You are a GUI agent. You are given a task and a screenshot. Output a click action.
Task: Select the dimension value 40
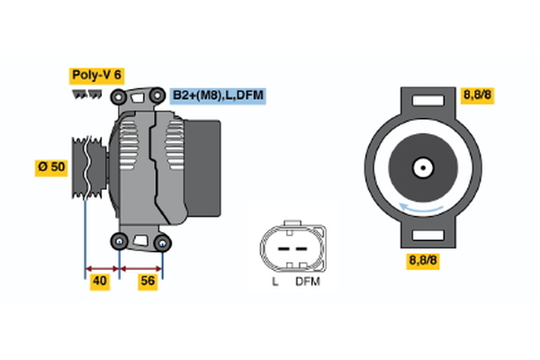(101, 281)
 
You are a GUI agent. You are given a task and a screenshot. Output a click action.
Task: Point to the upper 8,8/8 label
(477, 94)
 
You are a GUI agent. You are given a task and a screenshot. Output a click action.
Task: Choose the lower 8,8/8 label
(423, 262)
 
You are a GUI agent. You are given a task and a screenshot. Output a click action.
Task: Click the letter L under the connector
(275, 282)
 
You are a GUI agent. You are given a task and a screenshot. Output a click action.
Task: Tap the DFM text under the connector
(307, 282)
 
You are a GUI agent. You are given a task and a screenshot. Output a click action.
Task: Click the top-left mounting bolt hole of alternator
(118, 96)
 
